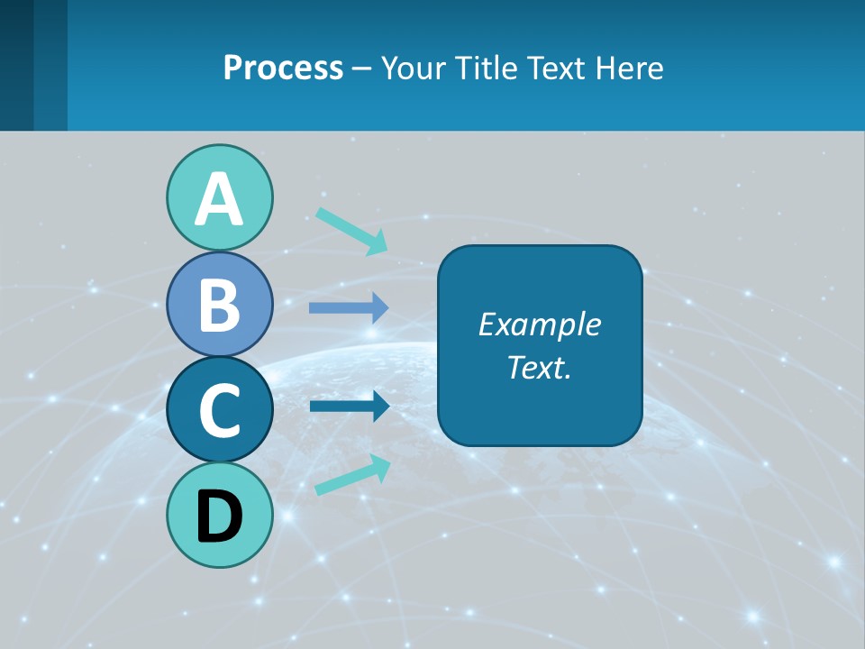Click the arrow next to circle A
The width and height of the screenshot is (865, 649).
[352, 231]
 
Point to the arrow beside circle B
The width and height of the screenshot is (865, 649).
[349, 308]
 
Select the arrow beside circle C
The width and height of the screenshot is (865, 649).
[349, 407]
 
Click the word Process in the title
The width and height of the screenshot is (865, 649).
[283, 68]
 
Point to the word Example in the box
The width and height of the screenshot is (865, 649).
[539, 324]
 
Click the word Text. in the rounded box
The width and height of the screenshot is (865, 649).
[539, 367]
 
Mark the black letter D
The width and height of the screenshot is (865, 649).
[219, 516]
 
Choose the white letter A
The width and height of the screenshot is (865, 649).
[219, 198]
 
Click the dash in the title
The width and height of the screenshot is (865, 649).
[362, 69]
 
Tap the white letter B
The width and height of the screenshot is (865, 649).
[219, 304]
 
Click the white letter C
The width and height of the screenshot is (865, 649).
[219, 410]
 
